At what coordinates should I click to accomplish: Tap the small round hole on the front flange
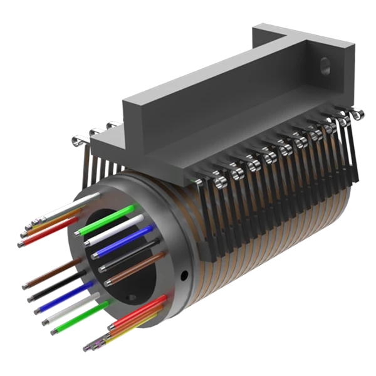(x=184, y=274)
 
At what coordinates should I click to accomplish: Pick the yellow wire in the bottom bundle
(x=128, y=330)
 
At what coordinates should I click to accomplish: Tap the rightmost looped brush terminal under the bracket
(x=356, y=116)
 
